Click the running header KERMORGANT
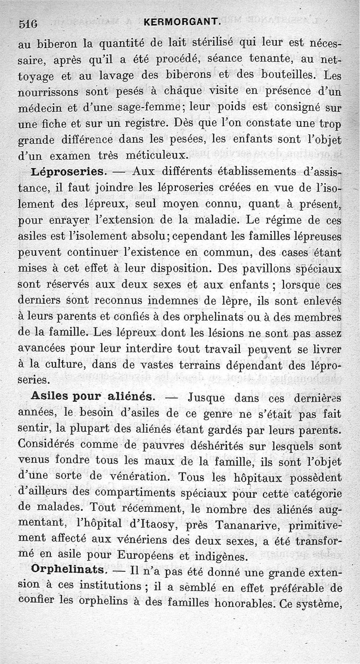pos(183,22)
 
